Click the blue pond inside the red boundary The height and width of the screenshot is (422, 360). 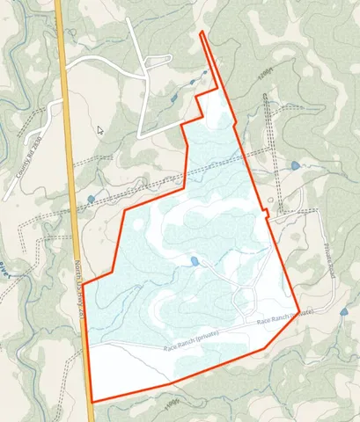pos(194,261)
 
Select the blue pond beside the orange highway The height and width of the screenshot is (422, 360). pos(92,200)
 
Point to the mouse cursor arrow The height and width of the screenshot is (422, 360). pos(100,129)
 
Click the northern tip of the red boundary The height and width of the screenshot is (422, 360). pos(202,33)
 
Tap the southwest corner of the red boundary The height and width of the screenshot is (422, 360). pos(92,402)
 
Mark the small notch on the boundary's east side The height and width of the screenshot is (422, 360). pos(268,214)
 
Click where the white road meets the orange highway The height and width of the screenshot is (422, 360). pos(64,70)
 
